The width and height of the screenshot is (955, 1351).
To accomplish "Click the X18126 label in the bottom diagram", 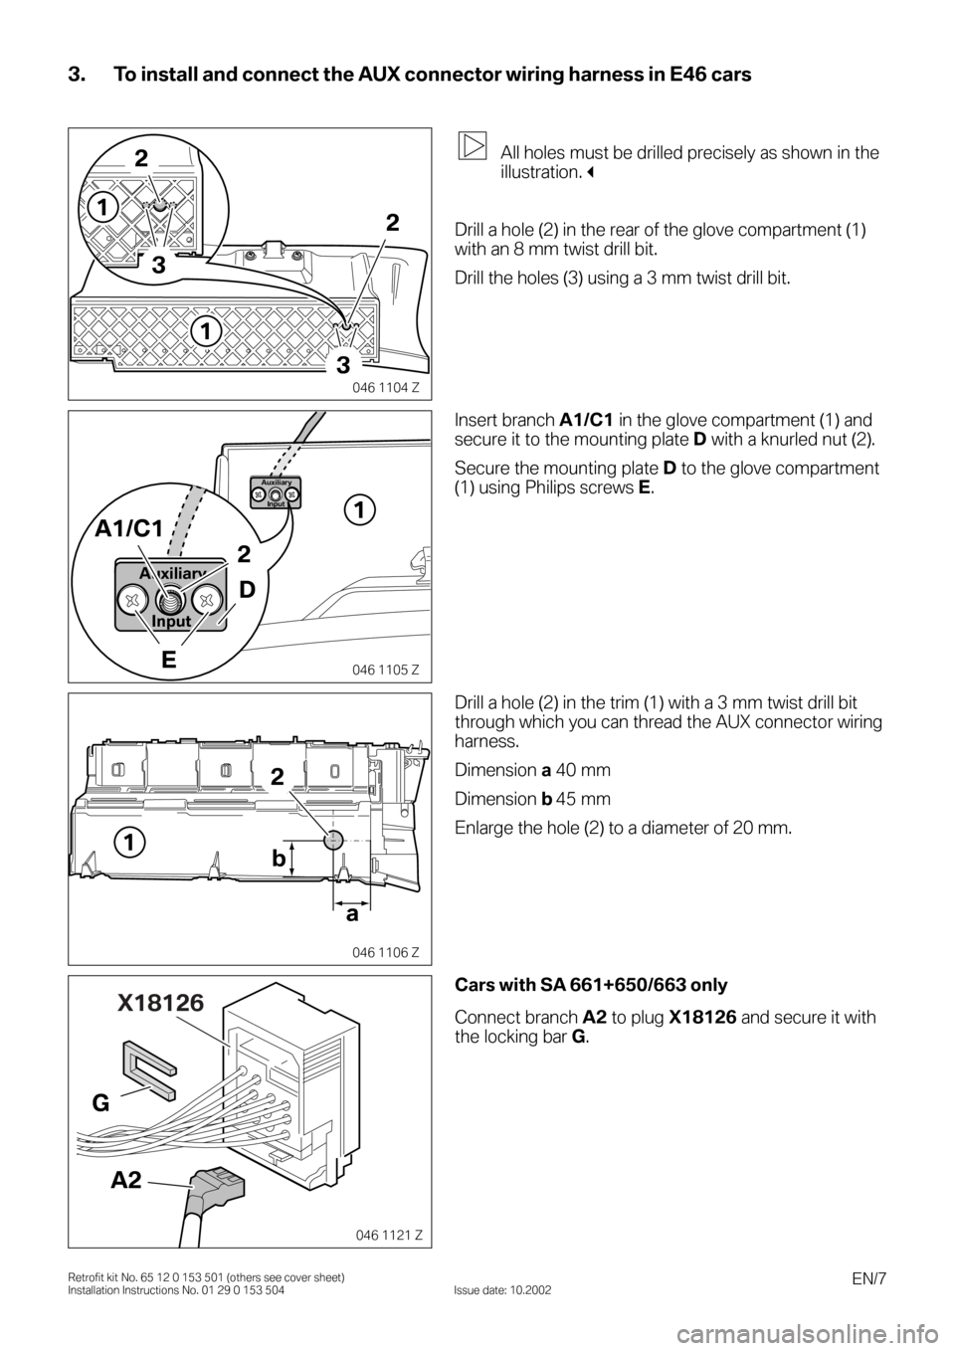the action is pos(161,1003).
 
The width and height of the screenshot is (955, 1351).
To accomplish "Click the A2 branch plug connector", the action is pos(217,1186).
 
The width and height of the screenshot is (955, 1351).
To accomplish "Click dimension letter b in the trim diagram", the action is pos(278,859).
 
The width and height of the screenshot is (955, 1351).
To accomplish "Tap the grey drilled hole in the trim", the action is pos(333,840).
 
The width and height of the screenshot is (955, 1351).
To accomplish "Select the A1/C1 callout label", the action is pos(129,529).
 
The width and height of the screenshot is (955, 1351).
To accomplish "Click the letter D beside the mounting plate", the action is pos(248,590).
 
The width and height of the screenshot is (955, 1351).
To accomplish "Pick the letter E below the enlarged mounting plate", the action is pos(169,660).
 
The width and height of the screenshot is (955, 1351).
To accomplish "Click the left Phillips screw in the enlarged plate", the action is pos(133,600).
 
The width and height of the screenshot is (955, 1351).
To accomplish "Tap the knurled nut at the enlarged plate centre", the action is pos(170,600).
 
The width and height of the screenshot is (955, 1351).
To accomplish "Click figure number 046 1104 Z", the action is pos(385,388).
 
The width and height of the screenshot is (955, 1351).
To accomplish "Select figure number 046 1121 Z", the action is pos(385,1235).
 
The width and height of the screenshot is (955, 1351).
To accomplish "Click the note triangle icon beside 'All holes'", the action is pos(472,145).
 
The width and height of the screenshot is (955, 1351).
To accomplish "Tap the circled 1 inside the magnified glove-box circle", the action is pos(103,208).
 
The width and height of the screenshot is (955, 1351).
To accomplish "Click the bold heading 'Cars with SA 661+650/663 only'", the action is pos(591,986).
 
